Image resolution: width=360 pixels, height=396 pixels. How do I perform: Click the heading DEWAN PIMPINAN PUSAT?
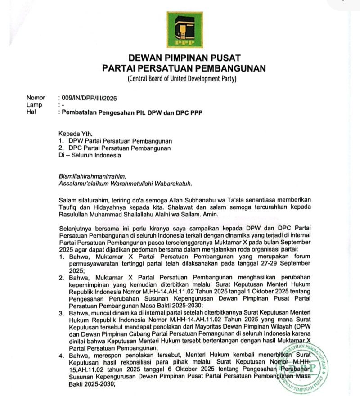184,58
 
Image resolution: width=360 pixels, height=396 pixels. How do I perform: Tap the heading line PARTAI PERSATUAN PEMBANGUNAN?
184,68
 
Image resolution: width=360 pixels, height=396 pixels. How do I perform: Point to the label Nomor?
36,98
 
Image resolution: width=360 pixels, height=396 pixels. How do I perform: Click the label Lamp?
34,105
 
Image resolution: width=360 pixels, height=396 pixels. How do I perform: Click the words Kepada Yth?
75,134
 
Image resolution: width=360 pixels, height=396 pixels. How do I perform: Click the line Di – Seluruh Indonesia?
90,155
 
